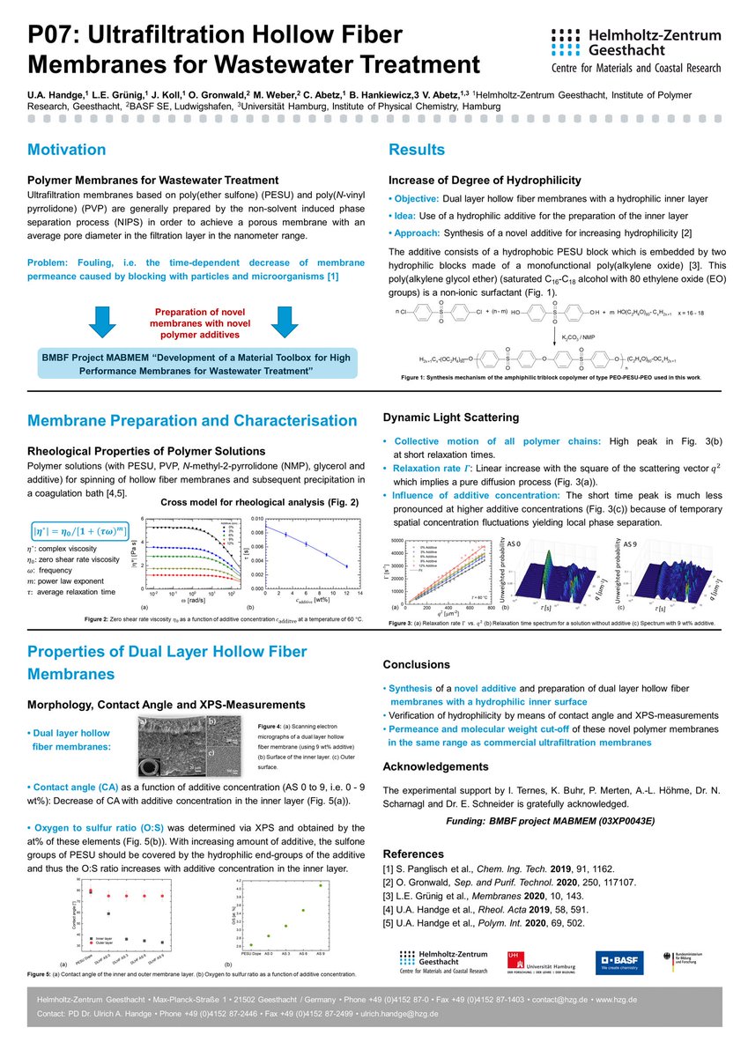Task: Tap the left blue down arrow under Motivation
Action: (x=101, y=320)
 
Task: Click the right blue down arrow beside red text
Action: (x=279, y=320)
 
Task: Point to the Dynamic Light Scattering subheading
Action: (x=450, y=417)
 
